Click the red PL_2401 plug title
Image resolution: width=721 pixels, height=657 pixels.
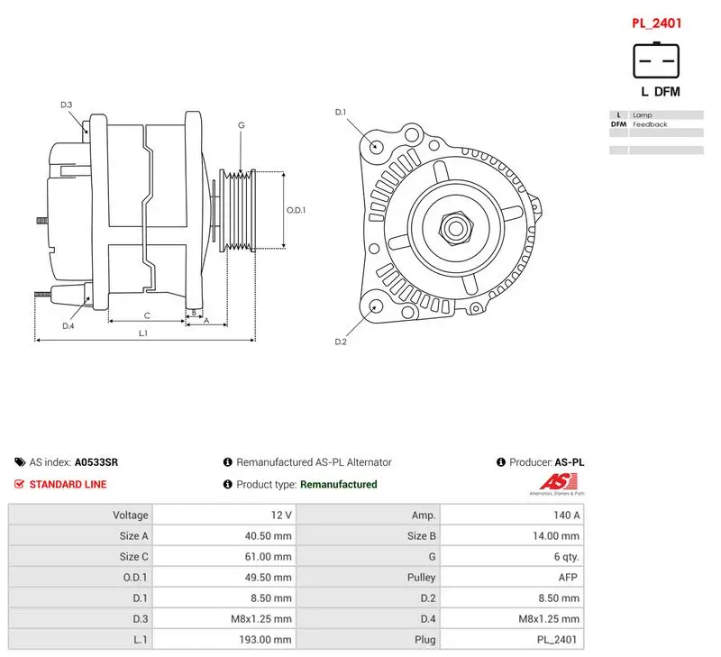tap(656, 23)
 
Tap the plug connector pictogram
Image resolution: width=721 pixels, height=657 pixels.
tap(656, 60)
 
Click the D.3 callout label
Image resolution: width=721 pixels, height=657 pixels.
tap(67, 105)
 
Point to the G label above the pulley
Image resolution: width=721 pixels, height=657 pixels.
tap(242, 125)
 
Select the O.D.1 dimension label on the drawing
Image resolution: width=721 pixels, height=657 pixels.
tap(297, 210)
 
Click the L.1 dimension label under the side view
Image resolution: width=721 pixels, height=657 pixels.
tap(143, 333)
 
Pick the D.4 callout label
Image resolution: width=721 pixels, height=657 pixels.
tap(68, 326)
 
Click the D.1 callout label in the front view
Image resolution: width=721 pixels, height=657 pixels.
tap(341, 112)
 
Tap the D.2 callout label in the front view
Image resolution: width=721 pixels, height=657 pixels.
tap(341, 342)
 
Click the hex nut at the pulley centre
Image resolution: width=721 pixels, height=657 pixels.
tap(456, 228)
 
